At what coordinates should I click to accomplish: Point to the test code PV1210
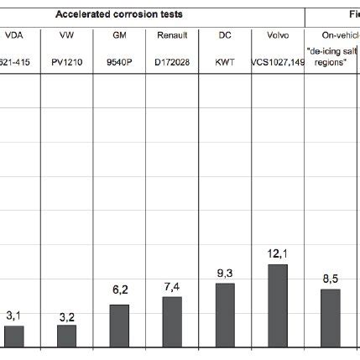click(67, 62)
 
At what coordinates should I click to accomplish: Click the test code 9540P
click(119, 62)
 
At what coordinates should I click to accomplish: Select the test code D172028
click(172, 62)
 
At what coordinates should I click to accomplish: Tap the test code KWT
click(225, 62)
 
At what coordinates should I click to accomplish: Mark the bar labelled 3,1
click(14, 337)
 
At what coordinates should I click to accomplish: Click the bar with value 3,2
click(67, 337)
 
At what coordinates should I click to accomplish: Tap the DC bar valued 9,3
click(225, 316)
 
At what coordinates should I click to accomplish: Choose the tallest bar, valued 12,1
click(277, 306)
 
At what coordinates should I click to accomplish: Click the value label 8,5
click(331, 277)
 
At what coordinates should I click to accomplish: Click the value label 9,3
click(225, 273)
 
